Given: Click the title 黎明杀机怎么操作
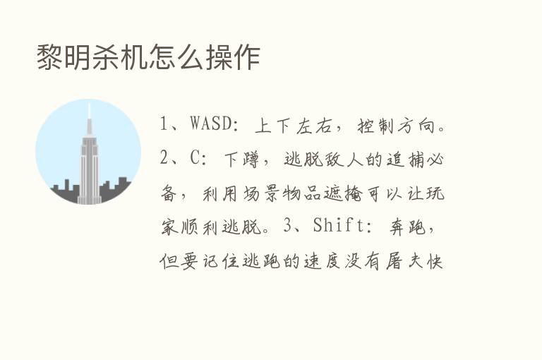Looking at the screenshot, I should pyautogui.click(x=148, y=57).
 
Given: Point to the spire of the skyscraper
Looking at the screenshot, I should pyautogui.click(x=89, y=113).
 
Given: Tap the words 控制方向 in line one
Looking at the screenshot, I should pyautogui.click(x=394, y=126).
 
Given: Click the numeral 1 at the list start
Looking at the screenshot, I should pyautogui.click(x=165, y=126).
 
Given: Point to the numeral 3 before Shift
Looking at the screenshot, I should pyautogui.click(x=288, y=227).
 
